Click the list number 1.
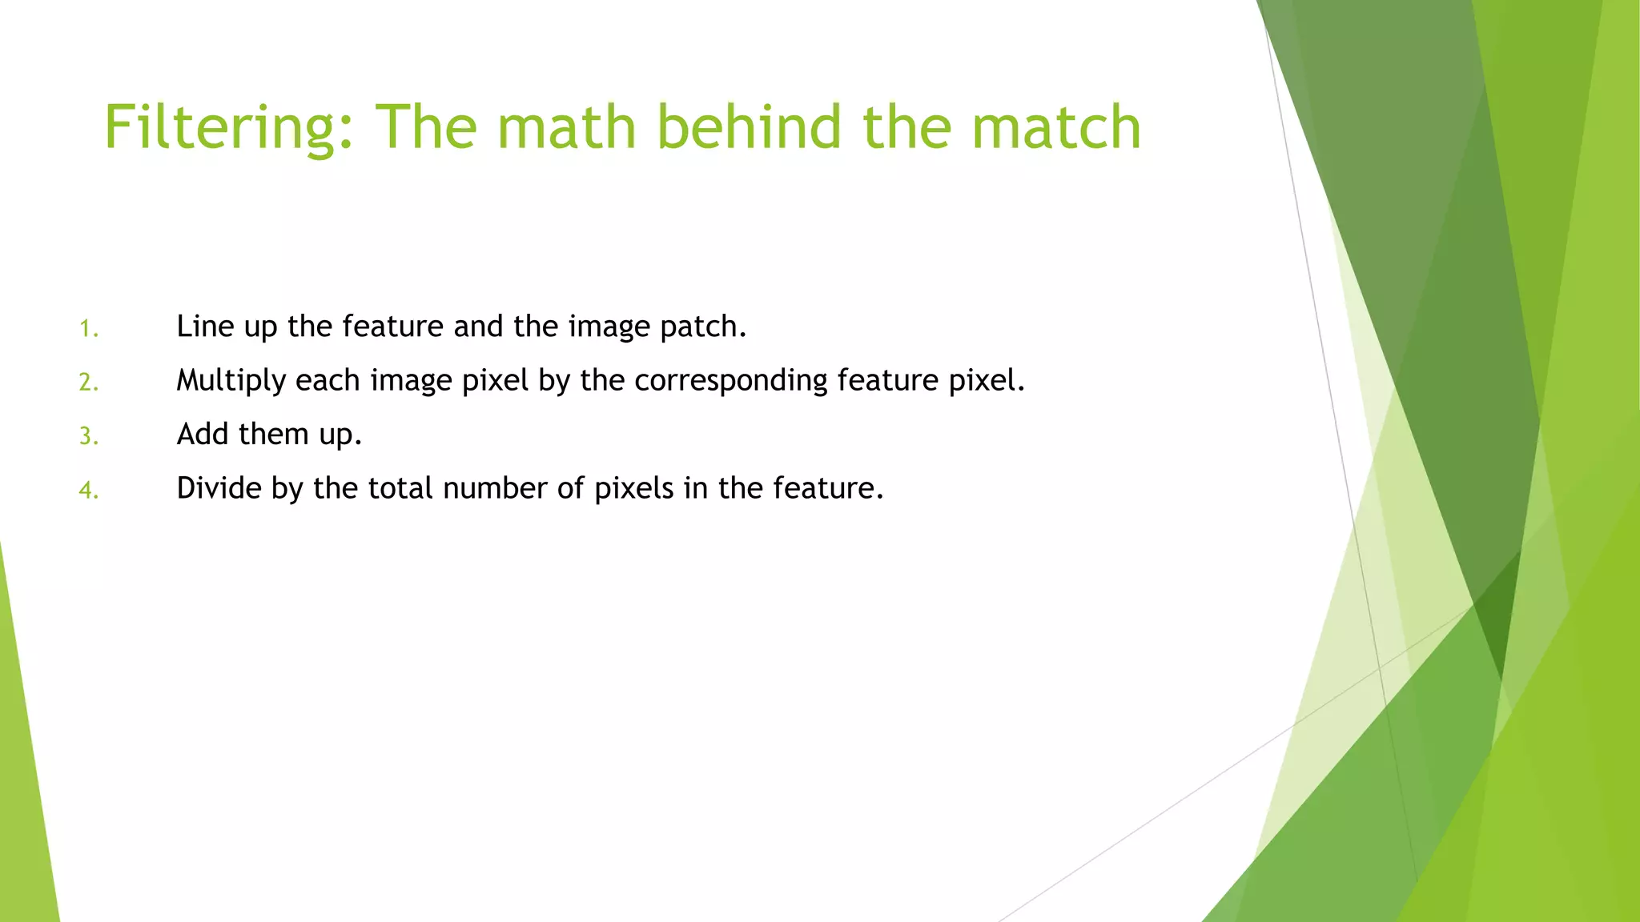[88, 329]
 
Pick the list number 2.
[88, 383]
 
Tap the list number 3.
[88, 436]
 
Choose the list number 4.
[88, 490]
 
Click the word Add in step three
[203, 434]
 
